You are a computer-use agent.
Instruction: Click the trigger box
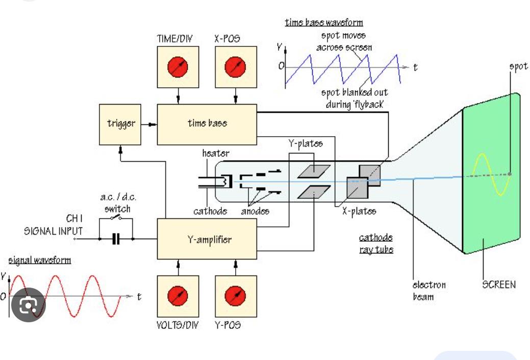coord(121,123)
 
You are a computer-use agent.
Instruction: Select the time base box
coord(207,123)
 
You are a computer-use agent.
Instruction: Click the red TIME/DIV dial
coord(178,66)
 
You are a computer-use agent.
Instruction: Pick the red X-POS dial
coord(235,66)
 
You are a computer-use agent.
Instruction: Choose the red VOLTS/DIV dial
coord(178,295)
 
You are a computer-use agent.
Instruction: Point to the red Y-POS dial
coord(235,295)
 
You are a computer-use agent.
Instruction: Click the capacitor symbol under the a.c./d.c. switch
coord(116,239)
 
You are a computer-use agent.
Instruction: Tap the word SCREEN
coord(499,285)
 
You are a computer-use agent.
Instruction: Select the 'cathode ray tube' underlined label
coord(375,244)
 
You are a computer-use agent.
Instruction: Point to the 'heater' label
coord(216,153)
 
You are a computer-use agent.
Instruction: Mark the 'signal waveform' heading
coord(40,261)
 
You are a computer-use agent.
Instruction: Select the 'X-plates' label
coord(359,211)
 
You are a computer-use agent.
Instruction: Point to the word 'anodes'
coord(255,211)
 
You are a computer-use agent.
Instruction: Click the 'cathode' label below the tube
coord(210,211)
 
